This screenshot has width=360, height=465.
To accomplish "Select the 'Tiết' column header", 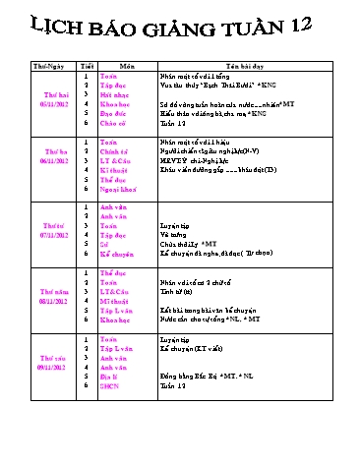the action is click(87, 65).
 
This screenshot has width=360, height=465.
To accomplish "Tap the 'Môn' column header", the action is click(127, 65).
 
